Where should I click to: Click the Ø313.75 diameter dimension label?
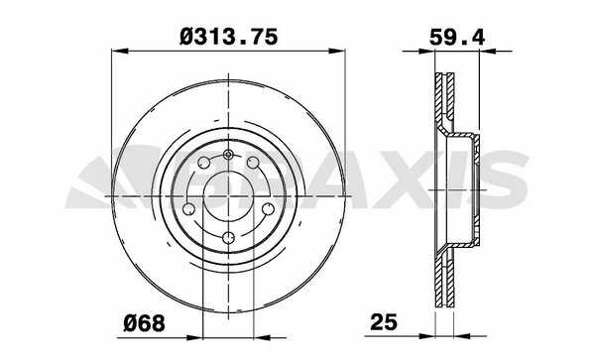(228, 37)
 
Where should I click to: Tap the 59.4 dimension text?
(457, 37)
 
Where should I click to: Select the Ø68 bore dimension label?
(144, 323)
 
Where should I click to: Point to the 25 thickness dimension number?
(384, 322)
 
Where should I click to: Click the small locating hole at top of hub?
(228, 155)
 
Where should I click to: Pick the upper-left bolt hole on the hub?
(204, 163)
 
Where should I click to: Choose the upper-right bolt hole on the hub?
(253, 163)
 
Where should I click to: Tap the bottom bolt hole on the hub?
(228, 238)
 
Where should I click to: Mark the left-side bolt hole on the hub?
(188, 208)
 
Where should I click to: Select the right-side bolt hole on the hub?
(269, 208)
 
